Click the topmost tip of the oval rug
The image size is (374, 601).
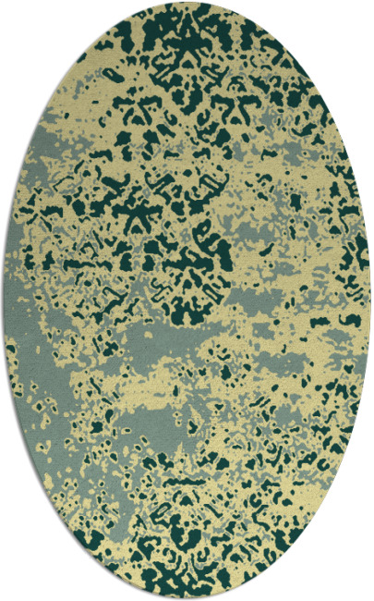[x=187, y=2]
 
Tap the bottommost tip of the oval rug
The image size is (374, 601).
[x=187, y=599]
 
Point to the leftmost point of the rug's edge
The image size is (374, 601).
[x=2, y=300]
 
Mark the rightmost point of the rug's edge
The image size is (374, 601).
[x=371, y=300]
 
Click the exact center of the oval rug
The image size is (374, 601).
[x=187, y=300]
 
